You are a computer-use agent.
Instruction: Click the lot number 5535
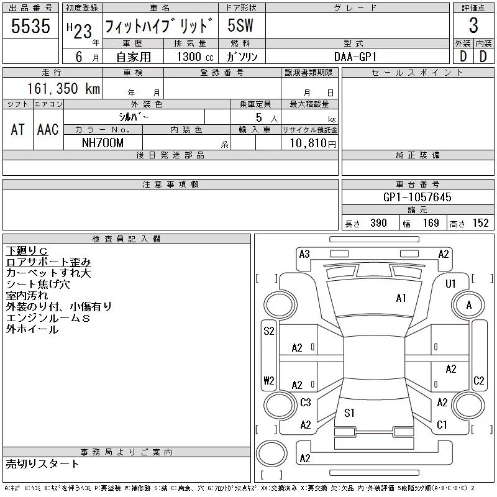coord(30,25)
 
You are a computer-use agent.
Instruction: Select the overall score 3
coord(473,25)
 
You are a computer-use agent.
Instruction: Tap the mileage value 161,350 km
coord(63,88)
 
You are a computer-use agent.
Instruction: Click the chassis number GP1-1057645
coord(417,197)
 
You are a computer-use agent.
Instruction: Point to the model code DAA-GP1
coord(355,57)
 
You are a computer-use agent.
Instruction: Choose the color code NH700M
coord(103,143)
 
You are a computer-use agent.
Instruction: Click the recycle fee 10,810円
coord(313,144)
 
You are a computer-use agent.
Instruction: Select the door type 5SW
coord(240,25)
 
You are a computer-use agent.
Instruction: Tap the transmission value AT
coord(18,129)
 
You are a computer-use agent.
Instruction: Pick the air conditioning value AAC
coord(48,129)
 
